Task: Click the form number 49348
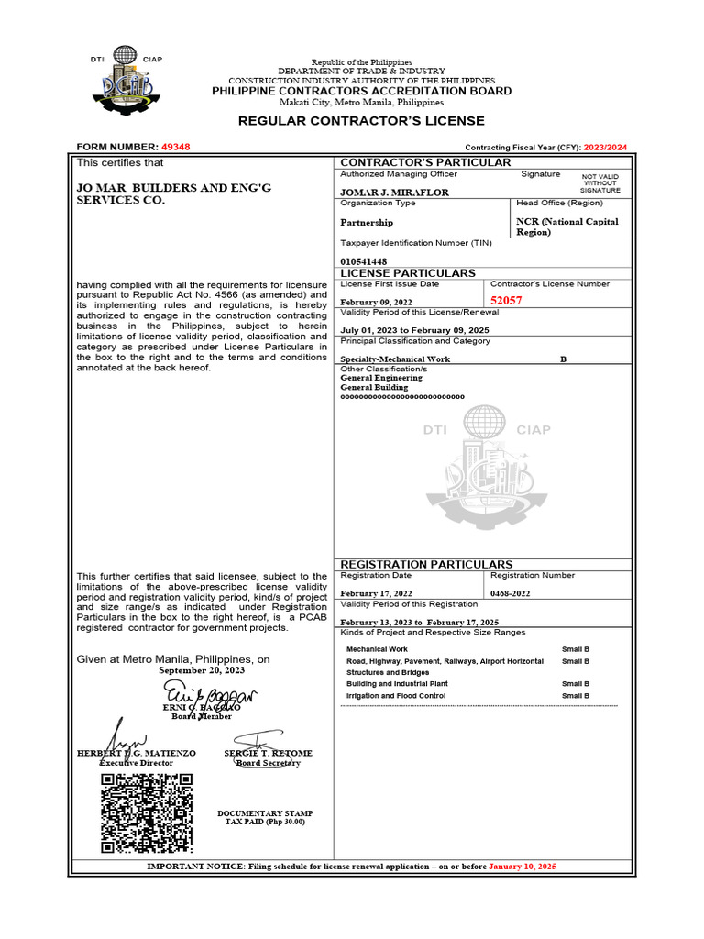tap(175, 147)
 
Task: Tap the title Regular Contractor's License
tap(361, 121)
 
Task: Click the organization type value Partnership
tap(367, 222)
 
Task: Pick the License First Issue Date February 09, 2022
tap(376, 302)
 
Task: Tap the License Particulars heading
tap(408, 273)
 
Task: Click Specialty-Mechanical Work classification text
tap(395, 359)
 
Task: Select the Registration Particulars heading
tap(426, 564)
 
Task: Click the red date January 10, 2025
tap(522, 867)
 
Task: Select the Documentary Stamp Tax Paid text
tap(265, 818)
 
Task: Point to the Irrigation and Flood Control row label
tap(396, 696)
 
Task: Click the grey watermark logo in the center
tap(487, 468)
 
